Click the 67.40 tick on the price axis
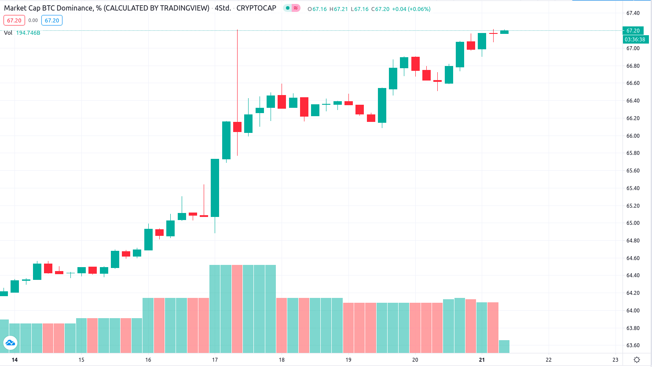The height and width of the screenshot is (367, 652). tap(633, 13)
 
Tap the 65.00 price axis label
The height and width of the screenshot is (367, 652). tap(633, 223)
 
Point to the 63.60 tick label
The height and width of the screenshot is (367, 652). tap(633, 345)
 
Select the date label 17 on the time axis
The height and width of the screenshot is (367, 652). tap(215, 360)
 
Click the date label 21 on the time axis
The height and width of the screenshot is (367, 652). tap(482, 360)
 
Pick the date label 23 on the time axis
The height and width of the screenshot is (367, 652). tap(615, 360)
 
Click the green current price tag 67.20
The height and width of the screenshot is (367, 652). tap(633, 31)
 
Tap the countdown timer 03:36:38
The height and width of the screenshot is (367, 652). tap(635, 40)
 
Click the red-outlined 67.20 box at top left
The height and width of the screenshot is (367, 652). tap(14, 21)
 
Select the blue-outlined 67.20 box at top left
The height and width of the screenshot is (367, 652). tap(52, 21)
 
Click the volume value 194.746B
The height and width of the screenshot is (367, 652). tap(28, 33)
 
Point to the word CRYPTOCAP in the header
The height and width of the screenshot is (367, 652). tap(256, 8)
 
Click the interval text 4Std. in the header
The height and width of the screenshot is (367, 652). tap(223, 8)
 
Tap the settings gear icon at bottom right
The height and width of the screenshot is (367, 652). tap(637, 360)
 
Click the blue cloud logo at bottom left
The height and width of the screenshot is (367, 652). tap(10, 342)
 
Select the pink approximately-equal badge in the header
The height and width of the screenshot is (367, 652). tap(296, 8)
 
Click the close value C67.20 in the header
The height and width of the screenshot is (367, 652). tap(380, 9)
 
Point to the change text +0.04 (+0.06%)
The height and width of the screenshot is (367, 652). tap(411, 9)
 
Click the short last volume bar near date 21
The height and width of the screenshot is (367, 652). tap(504, 346)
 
